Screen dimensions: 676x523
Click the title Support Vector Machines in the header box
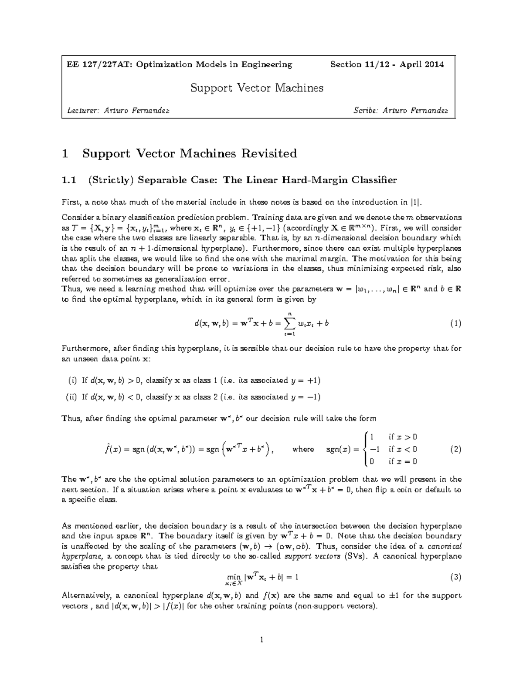click(x=257, y=88)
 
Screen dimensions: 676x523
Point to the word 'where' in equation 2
click(x=303, y=449)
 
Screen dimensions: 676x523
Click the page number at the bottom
click(x=261, y=640)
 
